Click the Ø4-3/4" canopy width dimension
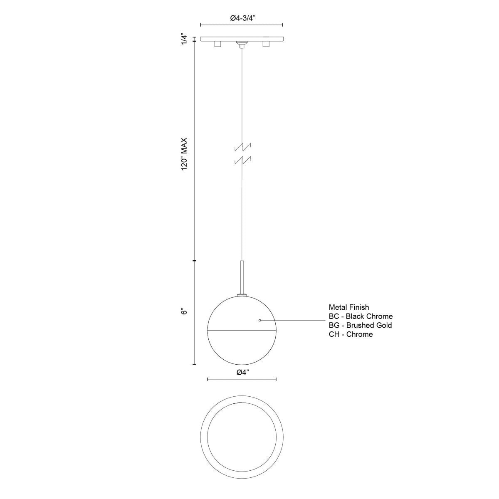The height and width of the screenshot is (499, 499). [242, 18]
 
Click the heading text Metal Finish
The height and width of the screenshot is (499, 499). [348, 307]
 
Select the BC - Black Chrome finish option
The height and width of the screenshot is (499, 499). [360, 316]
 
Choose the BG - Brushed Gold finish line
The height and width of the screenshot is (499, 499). [360, 325]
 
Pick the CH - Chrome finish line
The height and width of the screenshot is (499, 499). [351, 334]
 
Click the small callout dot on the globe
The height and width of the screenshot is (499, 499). [260, 320]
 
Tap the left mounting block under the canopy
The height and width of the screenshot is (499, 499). [217, 44]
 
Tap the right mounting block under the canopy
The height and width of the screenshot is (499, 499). [266, 44]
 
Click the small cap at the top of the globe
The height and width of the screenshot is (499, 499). [242, 296]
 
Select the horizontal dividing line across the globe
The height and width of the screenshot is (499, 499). [242, 331]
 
